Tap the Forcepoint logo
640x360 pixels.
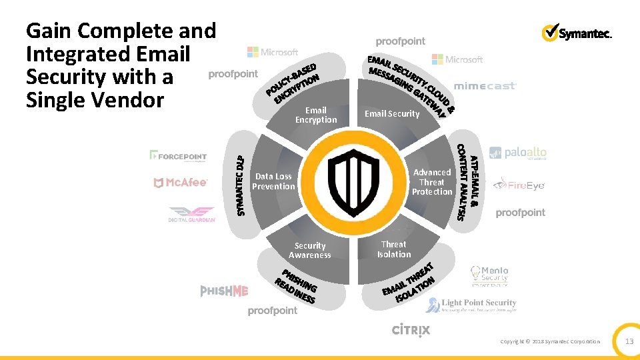click(178, 156)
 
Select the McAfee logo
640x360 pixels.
click(180, 183)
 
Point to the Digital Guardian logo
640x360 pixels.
click(192, 214)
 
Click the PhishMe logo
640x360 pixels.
click(224, 291)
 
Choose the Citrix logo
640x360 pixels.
click(411, 329)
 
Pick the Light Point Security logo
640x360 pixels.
click(479, 305)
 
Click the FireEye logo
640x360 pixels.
click(519, 185)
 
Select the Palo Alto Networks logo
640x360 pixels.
click(517, 153)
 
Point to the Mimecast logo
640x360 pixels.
click(485, 86)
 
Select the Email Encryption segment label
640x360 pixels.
click(316, 115)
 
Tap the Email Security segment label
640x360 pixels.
click(392, 114)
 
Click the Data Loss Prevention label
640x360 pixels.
click(273, 181)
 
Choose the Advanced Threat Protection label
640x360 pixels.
click(432, 182)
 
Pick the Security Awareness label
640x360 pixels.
click(310, 251)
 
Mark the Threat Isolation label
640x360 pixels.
click(394, 249)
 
